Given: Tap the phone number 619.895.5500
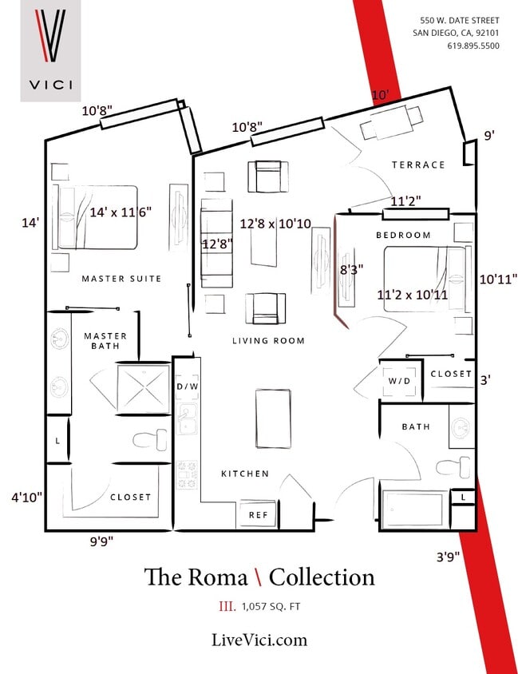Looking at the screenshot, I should pyautogui.click(x=473, y=46).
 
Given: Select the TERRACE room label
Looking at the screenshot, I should pyautogui.click(x=418, y=165).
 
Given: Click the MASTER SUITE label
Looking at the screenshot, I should pyautogui.click(x=121, y=279).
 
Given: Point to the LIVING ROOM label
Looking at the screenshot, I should pyautogui.click(x=268, y=341).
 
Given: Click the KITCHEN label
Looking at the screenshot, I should pyautogui.click(x=245, y=474).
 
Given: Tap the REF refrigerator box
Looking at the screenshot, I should pyautogui.click(x=258, y=515).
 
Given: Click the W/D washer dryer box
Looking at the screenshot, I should pyautogui.click(x=399, y=380).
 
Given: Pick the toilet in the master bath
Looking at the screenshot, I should pyautogui.click(x=151, y=438).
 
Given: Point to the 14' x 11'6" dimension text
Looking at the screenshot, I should pyautogui.click(x=121, y=212).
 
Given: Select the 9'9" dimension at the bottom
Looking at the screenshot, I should pyautogui.click(x=101, y=541).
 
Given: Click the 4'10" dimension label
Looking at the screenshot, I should pyautogui.click(x=26, y=497).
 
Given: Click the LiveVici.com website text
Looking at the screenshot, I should pyautogui.click(x=259, y=640).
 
